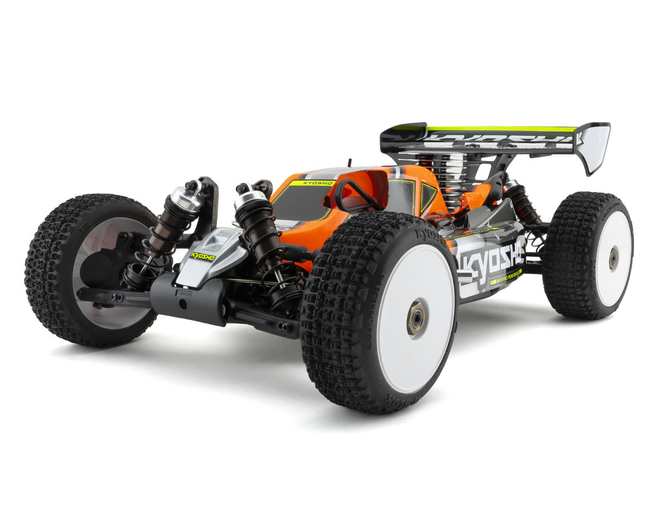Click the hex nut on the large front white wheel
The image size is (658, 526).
click(x=416, y=317)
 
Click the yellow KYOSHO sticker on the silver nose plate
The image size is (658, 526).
click(x=202, y=256)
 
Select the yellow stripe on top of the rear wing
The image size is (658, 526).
click(x=499, y=129)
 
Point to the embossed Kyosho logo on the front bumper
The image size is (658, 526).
click(x=184, y=293)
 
